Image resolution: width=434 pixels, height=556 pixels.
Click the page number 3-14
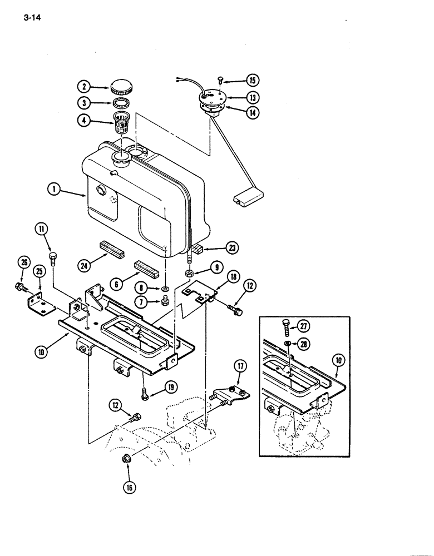click(33, 17)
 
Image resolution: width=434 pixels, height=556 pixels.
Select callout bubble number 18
click(232, 276)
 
